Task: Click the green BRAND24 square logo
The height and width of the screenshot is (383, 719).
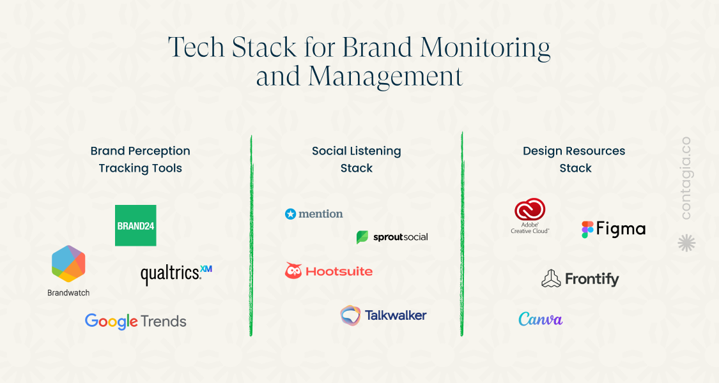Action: click(x=135, y=225)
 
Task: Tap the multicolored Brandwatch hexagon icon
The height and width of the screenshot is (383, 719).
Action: click(x=68, y=264)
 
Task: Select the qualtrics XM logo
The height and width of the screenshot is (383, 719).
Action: click(x=176, y=274)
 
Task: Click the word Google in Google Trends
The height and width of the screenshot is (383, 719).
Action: click(x=111, y=322)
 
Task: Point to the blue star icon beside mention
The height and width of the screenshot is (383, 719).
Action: click(x=290, y=214)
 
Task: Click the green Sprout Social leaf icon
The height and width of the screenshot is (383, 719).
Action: click(x=362, y=237)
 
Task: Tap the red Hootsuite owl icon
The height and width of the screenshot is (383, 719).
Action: click(x=293, y=271)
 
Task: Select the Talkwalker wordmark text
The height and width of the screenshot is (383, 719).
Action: click(x=396, y=315)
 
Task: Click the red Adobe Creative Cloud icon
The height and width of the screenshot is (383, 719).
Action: click(x=530, y=210)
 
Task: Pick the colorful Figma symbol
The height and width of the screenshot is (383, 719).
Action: click(x=587, y=230)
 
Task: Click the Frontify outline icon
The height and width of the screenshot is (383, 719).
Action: click(x=551, y=278)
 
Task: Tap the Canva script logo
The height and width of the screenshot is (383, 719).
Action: click(x=540, y=319)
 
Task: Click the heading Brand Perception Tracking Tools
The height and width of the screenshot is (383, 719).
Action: click(x=141, y=160)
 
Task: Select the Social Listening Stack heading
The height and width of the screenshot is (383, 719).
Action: click(x=356, y=160)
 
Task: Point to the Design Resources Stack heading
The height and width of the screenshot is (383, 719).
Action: click(x=574, y=160)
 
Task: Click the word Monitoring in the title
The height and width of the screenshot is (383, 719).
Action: click(x=485, y=48)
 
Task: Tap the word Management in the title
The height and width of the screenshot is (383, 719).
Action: click(x=385, y=76)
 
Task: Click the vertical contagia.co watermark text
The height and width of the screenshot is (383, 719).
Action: click(x=686, y=178)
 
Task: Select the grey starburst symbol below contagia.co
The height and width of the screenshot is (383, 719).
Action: click(x=686, y=243)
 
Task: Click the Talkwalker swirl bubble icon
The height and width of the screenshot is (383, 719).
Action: click(x=350, y=315)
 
